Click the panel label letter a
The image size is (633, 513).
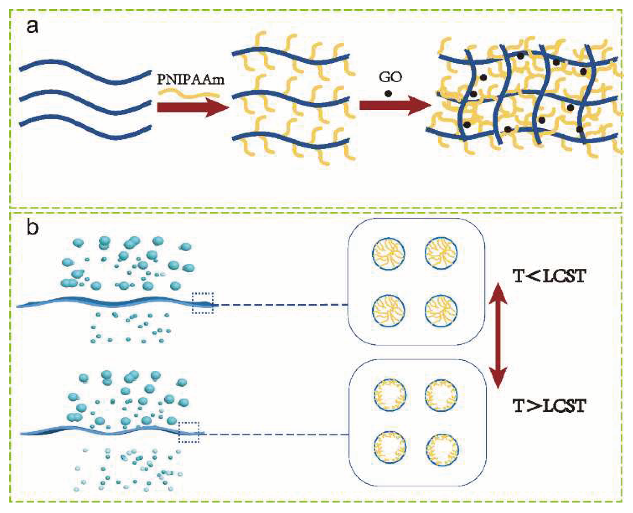32,26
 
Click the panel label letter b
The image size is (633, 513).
32,227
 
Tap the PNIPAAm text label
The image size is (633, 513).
191,80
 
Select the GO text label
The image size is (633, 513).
390,77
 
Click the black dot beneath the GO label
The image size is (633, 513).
388,93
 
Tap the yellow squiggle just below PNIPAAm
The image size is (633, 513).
188,92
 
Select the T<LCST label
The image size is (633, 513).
549,276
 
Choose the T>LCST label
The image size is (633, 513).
549,406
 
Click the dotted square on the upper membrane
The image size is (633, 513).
203,303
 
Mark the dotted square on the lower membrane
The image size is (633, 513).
189,432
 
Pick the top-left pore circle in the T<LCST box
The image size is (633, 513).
388,254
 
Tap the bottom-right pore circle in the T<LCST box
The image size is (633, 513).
441,311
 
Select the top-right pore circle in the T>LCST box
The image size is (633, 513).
441,396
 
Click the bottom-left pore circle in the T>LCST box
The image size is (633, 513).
390,447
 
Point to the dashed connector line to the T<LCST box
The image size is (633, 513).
281,305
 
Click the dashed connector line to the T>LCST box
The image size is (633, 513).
275,435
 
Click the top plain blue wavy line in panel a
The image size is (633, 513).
85,72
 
